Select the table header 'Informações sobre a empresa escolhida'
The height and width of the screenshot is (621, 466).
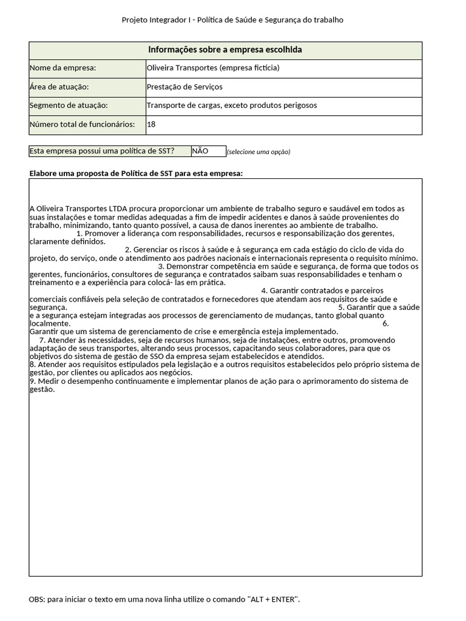225,50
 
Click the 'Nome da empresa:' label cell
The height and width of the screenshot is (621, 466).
63,69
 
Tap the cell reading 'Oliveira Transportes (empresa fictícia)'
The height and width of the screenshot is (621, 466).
213,69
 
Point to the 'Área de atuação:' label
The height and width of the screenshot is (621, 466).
59,87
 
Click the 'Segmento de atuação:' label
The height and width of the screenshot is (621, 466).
69,106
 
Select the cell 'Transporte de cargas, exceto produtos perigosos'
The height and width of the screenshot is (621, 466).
232,106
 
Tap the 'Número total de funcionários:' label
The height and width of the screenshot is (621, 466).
82,124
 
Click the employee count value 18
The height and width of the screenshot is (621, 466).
152,124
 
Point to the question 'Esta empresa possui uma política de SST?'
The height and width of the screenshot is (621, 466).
102,151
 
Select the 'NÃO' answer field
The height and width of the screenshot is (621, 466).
200,151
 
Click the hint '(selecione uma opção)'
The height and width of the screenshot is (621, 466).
258,152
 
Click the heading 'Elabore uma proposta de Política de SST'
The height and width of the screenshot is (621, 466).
136,173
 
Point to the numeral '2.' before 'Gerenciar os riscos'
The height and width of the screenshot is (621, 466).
128,249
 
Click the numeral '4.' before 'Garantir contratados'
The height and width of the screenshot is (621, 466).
265,290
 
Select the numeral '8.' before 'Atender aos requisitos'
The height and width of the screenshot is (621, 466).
33,364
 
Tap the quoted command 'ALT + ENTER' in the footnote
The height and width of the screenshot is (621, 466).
273,599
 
